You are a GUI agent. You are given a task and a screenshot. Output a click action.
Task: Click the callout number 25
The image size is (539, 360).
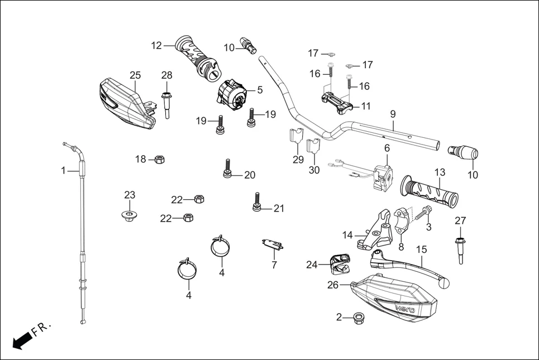pos(135,75)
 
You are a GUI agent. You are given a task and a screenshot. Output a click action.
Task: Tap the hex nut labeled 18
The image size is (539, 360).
pos(158,160)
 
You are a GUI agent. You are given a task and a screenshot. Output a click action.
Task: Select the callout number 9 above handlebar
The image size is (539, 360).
pos(393,114)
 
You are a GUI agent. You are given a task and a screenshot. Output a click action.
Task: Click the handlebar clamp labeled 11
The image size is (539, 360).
pos(336,103)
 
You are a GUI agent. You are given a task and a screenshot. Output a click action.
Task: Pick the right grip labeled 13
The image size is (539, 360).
pos(430,190)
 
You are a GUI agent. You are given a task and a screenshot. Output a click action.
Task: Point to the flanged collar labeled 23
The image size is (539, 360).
pos(130,215)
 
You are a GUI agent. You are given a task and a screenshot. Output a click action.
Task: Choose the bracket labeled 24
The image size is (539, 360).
pos(338,263)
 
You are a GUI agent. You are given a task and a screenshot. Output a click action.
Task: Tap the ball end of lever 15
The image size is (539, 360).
pos(445,284)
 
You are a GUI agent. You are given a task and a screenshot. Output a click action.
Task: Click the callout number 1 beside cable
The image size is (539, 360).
pos(63,170)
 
